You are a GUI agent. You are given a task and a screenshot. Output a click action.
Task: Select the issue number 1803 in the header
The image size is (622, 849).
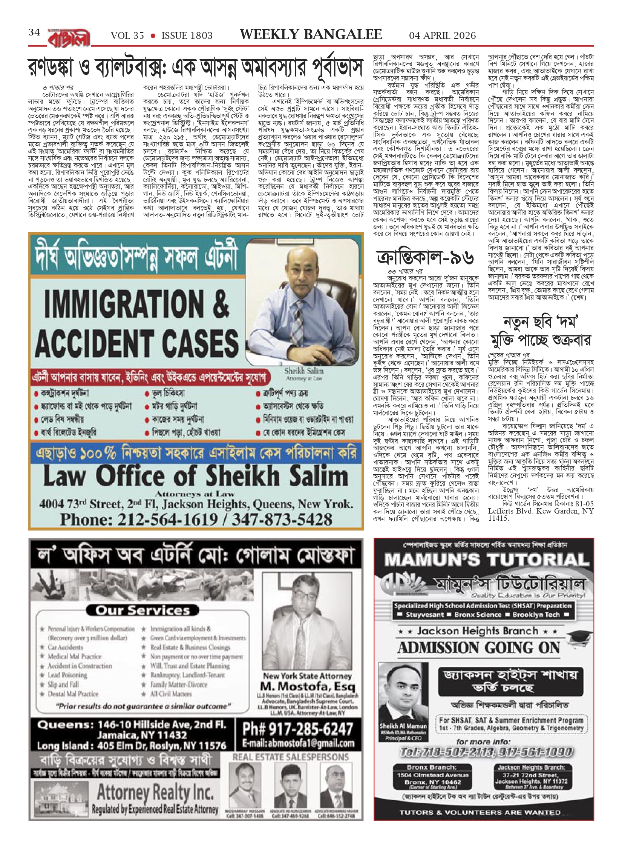[187, 36]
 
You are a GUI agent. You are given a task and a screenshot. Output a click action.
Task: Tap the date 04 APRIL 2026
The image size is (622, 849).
[442, 35]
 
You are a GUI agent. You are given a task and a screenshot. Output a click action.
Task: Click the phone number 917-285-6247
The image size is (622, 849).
[297, 730]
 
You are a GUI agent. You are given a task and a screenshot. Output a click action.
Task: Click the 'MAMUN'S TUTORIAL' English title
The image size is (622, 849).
[484, 560]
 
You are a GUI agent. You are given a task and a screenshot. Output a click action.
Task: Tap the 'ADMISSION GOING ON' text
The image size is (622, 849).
[479, 648]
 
